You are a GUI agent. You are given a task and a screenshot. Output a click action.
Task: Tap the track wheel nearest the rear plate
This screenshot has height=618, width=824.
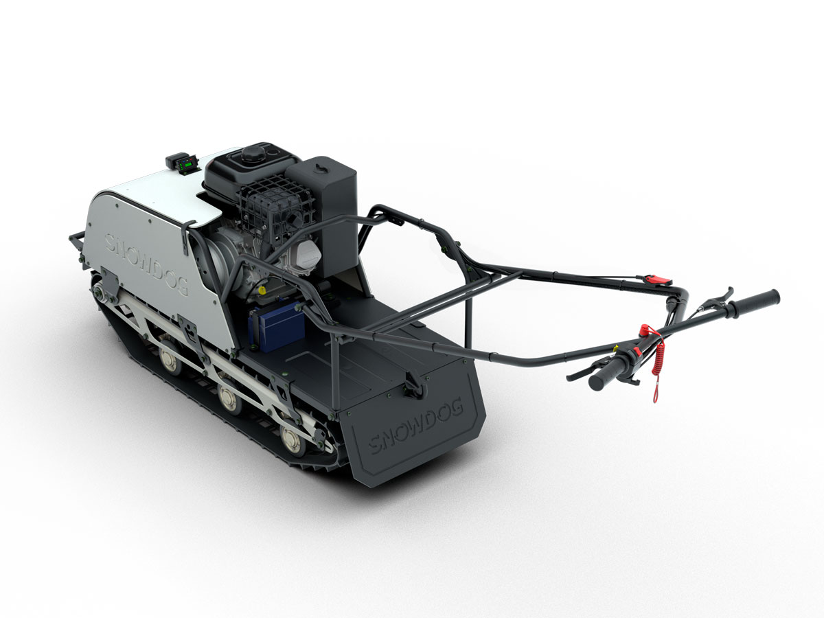coord(292,439)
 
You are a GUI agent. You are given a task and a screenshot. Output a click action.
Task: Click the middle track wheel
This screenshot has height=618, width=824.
coord(229,398)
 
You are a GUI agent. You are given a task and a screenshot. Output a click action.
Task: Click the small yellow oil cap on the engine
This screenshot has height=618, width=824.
coord(262,291)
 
